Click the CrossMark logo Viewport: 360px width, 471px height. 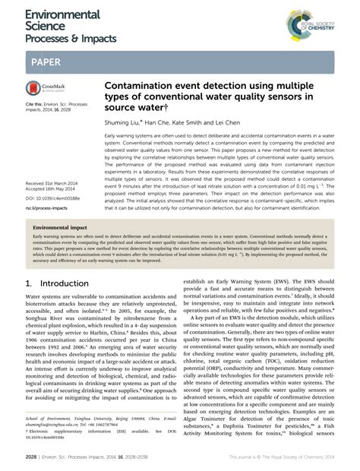coord(44,89)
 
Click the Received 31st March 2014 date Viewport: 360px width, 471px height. coord(55,183)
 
